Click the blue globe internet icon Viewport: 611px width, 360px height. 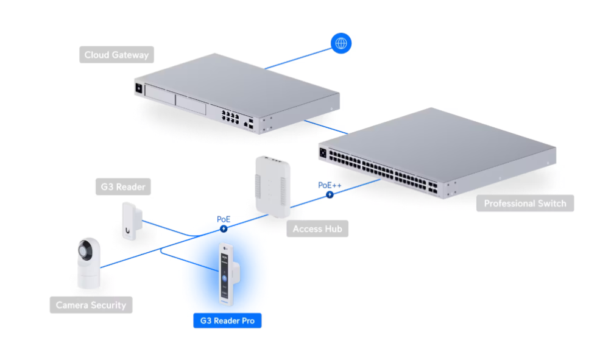pos(341,43)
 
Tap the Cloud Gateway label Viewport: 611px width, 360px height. pos(116,55)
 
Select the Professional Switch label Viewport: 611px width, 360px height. pos(525,203)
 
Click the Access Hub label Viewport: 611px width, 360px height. pos(317,228)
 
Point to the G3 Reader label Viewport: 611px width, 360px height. pos(123,187)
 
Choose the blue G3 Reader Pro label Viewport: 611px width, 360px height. pos(227,320)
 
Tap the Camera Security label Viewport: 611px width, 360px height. pos(91,305)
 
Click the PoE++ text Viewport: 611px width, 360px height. pos(330,185)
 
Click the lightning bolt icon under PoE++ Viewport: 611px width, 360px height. pos(330,194)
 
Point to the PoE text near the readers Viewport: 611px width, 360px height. pos(224,219)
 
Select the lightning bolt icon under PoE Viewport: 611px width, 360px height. pos(224,228)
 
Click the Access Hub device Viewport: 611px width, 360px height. pos(273,187)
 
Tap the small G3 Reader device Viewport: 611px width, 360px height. pos(132,221)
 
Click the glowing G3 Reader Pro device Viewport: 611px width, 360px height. pos(228,274)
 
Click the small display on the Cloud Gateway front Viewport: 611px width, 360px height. pos(139,88)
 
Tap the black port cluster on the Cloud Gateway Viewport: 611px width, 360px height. pos(230,118)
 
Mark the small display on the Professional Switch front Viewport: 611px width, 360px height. pos(323,153)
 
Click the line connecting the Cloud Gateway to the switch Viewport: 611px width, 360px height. pos(326,127)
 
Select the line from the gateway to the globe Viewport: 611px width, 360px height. pos(298,59)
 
